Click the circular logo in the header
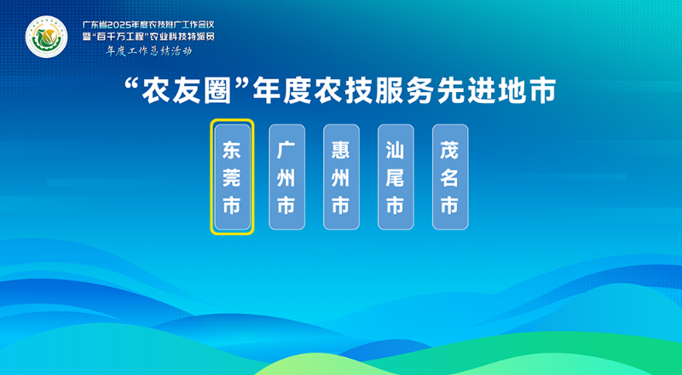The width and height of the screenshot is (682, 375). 46,37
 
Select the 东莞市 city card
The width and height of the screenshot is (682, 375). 232,177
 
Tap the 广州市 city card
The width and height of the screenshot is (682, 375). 286,177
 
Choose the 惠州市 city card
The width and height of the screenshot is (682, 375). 341,177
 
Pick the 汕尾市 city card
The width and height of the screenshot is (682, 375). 396,177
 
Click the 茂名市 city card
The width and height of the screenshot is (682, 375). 450,177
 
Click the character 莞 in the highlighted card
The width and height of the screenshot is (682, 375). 232,178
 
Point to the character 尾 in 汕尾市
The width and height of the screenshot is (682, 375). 396,178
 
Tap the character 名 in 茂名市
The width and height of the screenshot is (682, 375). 450,178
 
